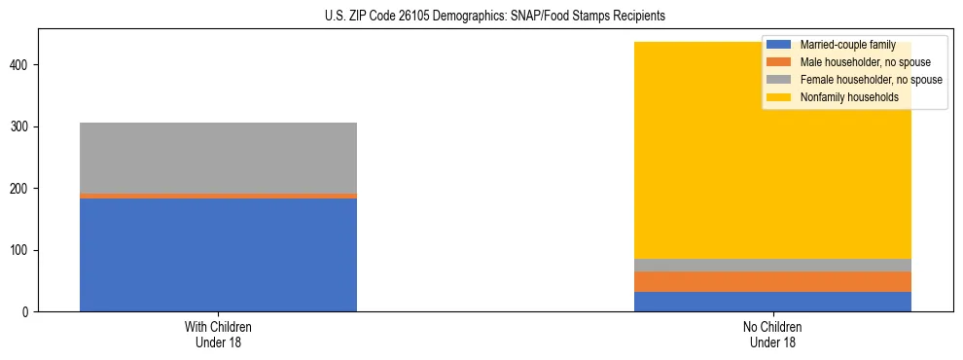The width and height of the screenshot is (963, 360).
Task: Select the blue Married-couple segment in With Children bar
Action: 218,255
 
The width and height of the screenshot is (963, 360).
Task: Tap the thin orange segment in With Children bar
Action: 218,196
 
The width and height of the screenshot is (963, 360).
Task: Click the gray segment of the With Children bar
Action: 218,158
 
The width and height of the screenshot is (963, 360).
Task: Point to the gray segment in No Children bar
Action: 772,266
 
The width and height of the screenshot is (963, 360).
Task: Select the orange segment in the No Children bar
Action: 772,281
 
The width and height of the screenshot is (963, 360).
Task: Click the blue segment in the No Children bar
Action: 772,302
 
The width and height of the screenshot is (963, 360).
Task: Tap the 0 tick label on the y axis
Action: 28,312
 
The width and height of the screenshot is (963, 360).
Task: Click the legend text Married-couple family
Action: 845,45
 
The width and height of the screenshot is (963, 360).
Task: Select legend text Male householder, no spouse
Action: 858,62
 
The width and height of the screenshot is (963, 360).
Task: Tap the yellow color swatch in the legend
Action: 779,97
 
